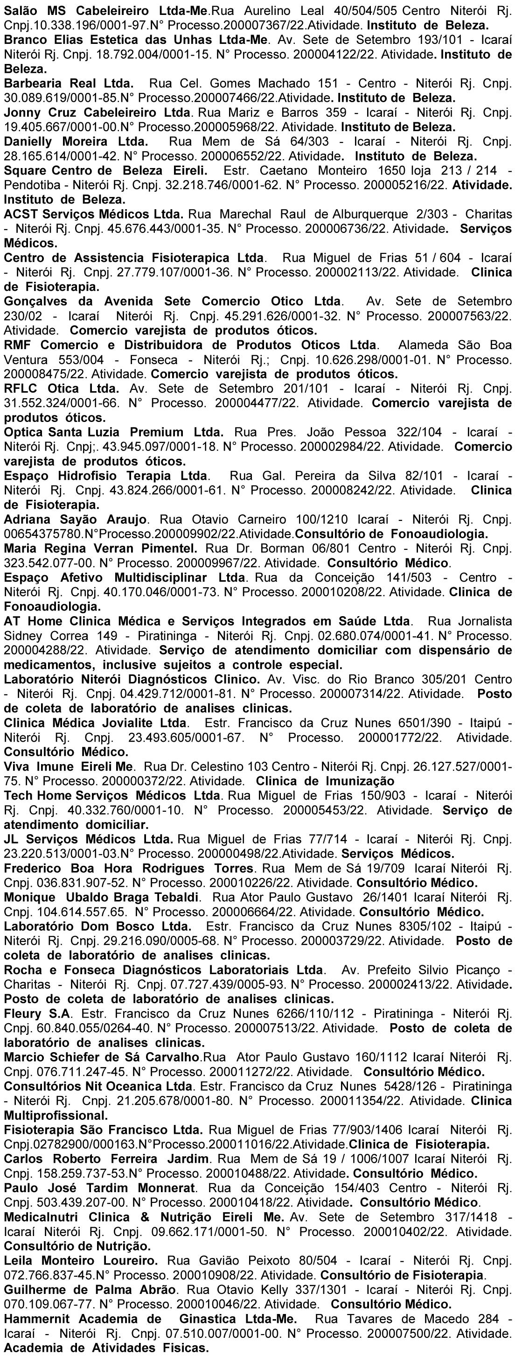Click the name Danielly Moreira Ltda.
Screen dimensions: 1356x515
point(76,141)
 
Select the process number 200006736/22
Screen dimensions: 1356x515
point(345,229)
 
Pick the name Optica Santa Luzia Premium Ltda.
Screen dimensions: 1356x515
point(113,432)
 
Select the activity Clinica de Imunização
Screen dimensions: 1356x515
point(325,781)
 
